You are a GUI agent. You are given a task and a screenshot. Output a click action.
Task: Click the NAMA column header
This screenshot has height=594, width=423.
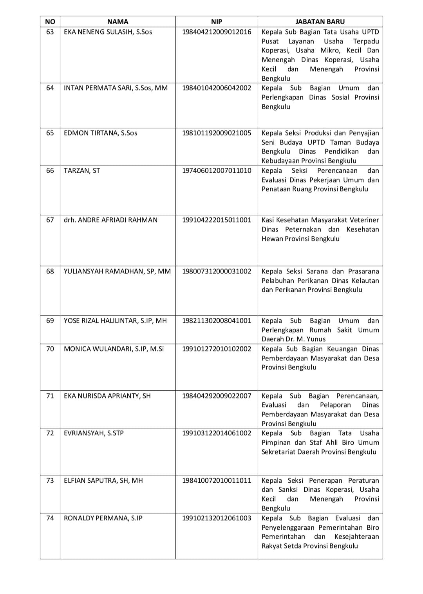(x=117, y=22)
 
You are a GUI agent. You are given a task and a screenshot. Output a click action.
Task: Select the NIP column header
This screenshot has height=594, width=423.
(x=216, y=22)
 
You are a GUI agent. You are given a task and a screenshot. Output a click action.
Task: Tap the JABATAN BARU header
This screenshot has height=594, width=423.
(x=320, y=22)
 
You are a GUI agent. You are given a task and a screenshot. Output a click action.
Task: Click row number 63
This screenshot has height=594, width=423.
(x=50, y=32)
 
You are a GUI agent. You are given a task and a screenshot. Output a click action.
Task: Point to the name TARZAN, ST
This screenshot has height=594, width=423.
(x=82, y=170)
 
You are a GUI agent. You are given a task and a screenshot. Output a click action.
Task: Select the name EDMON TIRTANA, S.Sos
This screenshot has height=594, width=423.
(x=101, y=133)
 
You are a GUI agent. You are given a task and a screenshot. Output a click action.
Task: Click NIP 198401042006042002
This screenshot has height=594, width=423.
(x=217, y=88)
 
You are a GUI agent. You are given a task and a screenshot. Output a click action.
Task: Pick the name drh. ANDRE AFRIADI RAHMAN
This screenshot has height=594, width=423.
(x=110, y=220)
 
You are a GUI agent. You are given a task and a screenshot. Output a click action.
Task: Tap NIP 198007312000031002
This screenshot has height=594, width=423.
(x=217, y=271)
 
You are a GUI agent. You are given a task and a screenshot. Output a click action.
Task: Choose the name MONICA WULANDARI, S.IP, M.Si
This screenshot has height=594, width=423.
(x=114, y=349)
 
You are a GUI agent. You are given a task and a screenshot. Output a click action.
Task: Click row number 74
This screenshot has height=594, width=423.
(x=50, y=518)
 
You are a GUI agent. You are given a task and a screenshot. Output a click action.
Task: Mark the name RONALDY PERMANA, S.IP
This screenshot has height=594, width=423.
(x=103, y=518)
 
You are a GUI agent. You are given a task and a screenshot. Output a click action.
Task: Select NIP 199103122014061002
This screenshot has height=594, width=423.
(x=217, y=433)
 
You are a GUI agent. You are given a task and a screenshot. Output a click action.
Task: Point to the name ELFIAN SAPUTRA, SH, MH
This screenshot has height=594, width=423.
(x=103, y=480)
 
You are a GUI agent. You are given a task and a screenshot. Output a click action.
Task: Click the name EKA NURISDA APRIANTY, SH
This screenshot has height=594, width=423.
(x=107, y=396)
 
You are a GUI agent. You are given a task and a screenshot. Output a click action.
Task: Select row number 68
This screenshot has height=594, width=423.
(x=50, y=271)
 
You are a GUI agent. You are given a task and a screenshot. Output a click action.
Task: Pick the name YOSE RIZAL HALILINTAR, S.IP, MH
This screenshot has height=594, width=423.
(x=115, y=321)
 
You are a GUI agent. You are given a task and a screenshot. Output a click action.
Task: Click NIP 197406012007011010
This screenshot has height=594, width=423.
(x=217, y=170)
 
